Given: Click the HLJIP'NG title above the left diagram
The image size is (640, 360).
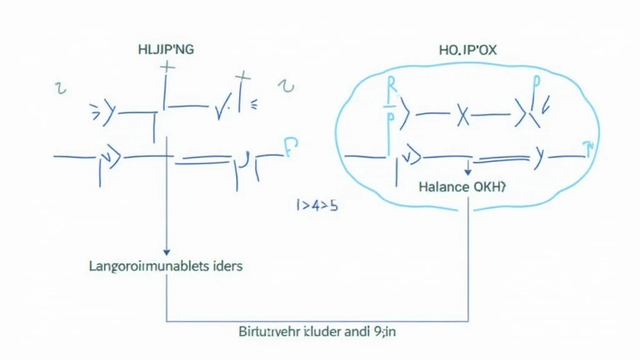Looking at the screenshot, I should [x=166, y=50].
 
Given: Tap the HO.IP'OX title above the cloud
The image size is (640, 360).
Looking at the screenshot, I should [x=468, y=50].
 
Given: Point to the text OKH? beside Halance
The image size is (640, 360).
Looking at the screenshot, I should [x=487, y=186].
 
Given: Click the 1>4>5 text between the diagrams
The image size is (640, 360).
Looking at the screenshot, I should [x=317, y=205].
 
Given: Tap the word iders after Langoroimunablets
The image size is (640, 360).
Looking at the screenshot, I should [x=226, y=266].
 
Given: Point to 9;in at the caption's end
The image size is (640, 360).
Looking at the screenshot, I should [x=383, y=332].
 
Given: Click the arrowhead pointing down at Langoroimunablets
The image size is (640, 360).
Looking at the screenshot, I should [x=166, y=252].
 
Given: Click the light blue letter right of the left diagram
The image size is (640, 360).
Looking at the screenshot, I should [x=291, y=147].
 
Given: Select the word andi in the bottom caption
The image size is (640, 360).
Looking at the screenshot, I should [x=356, y=332].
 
